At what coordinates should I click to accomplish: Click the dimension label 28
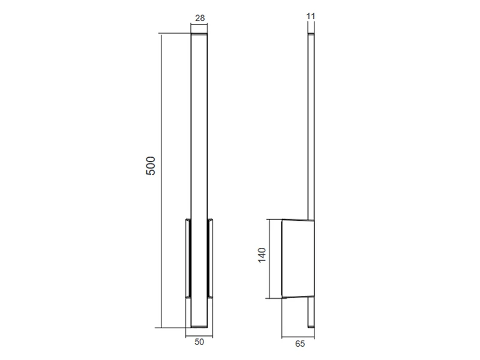coord(200,18)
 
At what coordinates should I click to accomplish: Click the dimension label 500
coord(151,166)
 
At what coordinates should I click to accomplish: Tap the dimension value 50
coord(199,342)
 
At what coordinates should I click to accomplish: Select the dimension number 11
coord(311,16)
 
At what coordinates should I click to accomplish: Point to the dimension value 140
coord(262,255)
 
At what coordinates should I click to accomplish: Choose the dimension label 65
coord(300,344)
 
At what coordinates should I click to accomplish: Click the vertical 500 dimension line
coord(161,181)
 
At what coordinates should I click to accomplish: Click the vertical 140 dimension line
coord(269,259)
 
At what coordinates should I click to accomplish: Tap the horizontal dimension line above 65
coord(298,337)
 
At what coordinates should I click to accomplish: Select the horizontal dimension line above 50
coord(199,336)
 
